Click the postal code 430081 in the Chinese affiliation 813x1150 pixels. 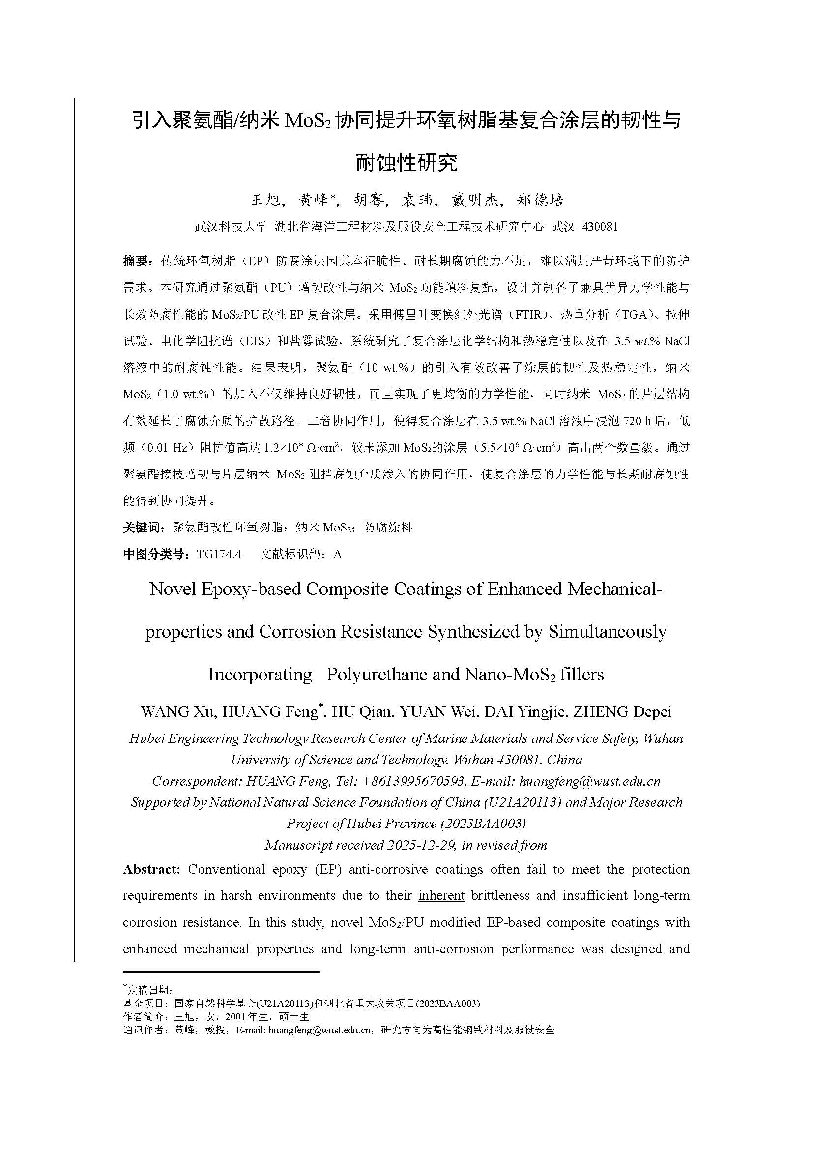coord(600,227)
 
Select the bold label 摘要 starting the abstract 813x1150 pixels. coord(135,261)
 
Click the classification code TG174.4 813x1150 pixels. coord(219,554)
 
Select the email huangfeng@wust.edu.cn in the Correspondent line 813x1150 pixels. coord(590,781)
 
